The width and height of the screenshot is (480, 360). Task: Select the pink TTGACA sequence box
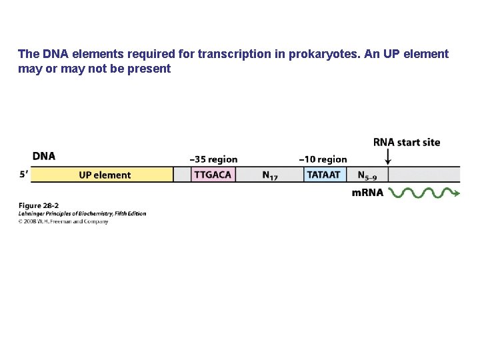point(213,175)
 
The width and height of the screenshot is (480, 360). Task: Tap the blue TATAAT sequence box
point(325,175)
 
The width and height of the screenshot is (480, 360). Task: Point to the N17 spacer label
point(270,175)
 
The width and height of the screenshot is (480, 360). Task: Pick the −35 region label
point(213,159)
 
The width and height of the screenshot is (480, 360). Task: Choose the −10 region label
point(323,159)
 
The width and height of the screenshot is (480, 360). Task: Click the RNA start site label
point(406,142)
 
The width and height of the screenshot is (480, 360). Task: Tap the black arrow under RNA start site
point(387,157)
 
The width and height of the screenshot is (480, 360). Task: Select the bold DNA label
point(43,156)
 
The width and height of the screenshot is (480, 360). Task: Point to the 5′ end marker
point(24,175)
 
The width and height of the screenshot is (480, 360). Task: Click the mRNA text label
point(367,193)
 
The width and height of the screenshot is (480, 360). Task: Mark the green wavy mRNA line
point(421,193)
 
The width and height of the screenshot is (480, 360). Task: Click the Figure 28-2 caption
point(38,206)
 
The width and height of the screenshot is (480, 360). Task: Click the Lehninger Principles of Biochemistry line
point(82,213)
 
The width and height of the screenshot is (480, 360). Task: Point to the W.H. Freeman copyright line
point(63,221)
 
